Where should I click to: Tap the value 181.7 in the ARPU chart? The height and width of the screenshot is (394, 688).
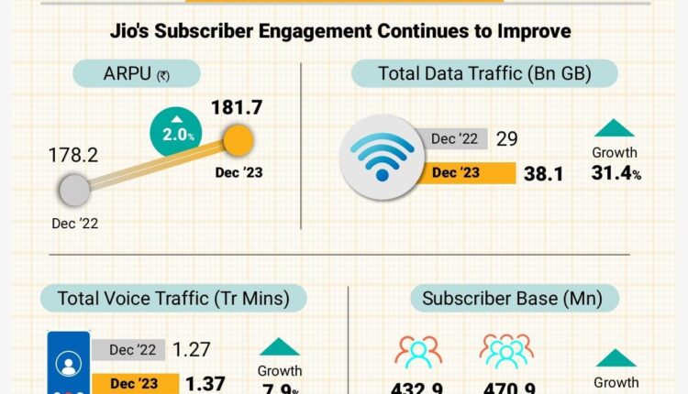coord(238,107)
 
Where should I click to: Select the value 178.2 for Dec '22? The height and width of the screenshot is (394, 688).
coord(72,156)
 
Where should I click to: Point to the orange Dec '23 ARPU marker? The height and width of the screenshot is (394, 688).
coord(238,140)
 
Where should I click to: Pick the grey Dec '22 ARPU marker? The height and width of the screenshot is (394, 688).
coord(74,192)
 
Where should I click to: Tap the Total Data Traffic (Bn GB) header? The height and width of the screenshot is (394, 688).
coord(484,74)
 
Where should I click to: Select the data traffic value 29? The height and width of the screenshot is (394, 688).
coord(507,139)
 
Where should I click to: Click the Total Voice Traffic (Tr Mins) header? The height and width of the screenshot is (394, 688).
coord(172,298)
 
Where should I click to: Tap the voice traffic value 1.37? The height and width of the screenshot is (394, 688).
coord(203,383)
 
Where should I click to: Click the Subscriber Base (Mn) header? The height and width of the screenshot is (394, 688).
coord(520,298)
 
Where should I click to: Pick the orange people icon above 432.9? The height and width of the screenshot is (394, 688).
coord(418,353)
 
